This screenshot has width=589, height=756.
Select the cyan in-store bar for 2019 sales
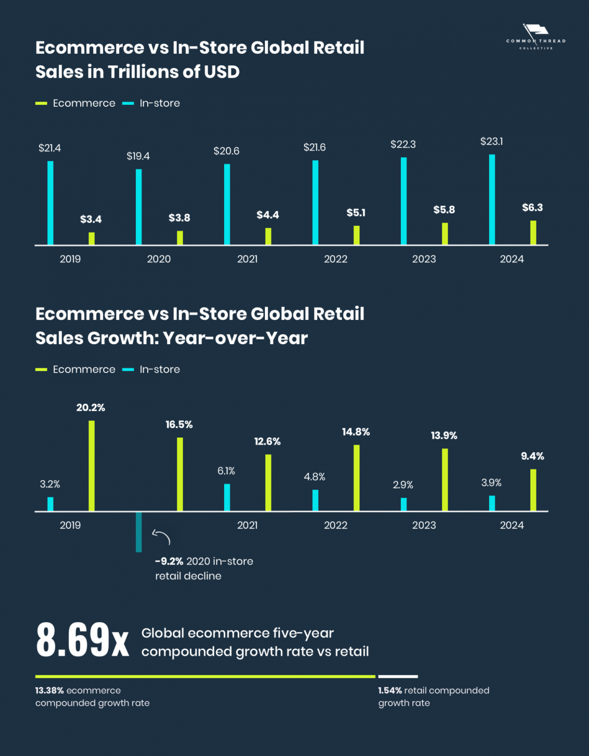coord(50,203)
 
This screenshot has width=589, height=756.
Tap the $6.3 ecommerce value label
coord(532,208)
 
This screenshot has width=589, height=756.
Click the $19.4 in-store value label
coord(138,156)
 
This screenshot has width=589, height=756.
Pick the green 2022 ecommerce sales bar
coord(357,235)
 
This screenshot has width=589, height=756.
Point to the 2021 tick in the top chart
coord(247,259)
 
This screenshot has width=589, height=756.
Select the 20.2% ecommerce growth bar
coord(92,466)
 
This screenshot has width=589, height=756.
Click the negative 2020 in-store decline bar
coord(139,532)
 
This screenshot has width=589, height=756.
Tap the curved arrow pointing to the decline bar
coord(162,536)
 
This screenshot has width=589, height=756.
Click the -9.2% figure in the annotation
coord(169,562)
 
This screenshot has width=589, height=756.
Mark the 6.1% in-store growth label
coord(226,471)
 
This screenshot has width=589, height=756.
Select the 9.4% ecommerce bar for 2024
coord(533,490)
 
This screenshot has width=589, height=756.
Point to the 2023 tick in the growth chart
coord(424,525)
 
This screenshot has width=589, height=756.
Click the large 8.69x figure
coord(82,640)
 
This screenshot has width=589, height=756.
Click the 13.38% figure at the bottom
coord(49,691)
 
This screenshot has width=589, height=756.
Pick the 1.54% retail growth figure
coord(390,691)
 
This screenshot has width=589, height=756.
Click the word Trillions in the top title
coord(143,72)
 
